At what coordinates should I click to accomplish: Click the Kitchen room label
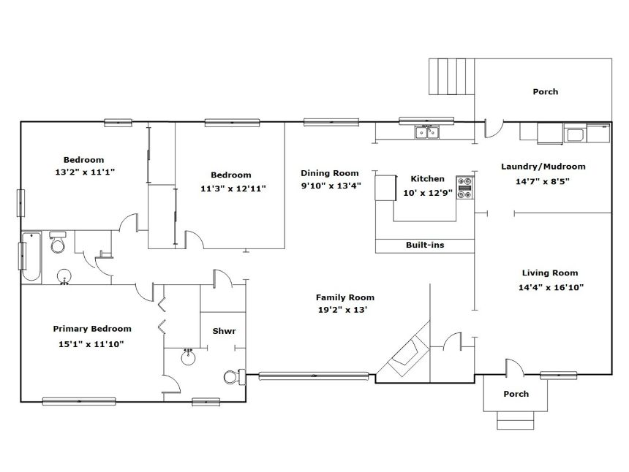coord(427,179)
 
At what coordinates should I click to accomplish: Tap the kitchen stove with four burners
coord(465,188)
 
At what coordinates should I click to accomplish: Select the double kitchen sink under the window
coord(427,132)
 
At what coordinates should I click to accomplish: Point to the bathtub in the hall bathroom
coord(31,256)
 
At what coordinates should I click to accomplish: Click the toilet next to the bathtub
coord(58,242)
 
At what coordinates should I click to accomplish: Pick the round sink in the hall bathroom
coord(64,276)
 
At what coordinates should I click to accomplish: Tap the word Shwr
coord(224,331)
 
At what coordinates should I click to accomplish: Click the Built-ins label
coord(425,245)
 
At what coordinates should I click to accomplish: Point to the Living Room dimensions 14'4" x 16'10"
coord(551,287)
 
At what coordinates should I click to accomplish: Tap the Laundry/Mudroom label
coord(543,167)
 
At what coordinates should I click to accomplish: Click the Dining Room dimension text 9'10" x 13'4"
coord(331,186)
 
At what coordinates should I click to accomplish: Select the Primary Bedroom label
coord(92,329)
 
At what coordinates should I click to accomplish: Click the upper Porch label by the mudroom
coord(545,92)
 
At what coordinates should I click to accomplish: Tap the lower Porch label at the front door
coord(516,394)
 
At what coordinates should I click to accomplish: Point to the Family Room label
coord(345,297)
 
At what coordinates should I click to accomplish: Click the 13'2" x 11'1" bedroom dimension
coord(85,172)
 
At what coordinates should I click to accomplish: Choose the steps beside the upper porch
coord(452,77)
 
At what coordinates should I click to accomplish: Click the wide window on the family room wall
coord(314,376)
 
